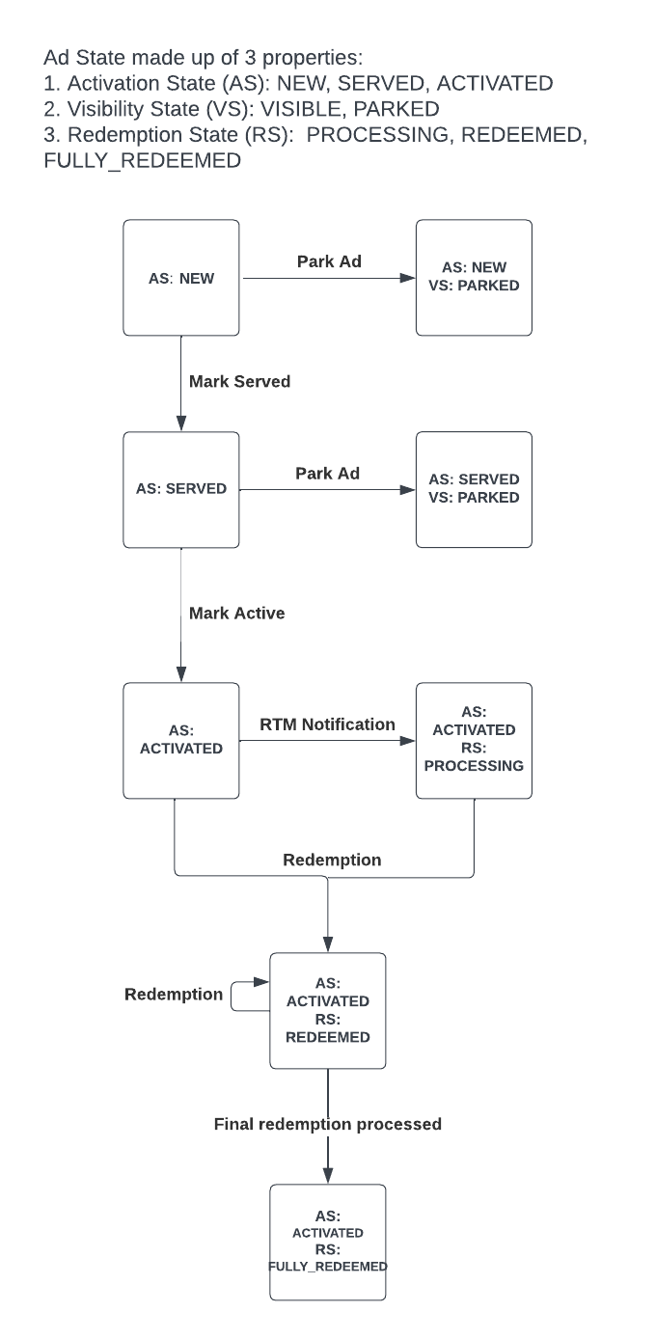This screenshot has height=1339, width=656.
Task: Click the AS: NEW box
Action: pyautogui.click(x=181, y=278)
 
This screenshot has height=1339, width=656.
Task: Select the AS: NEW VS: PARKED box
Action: pyautogui.click(x=474, y=278)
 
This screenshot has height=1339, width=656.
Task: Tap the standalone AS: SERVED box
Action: pyautogui.click(x=181, y=489)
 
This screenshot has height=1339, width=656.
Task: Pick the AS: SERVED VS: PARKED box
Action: pyautogui.click(x=474, y=489)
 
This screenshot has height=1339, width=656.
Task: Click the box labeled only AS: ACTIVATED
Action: pyautogui.click(x=181, y=740)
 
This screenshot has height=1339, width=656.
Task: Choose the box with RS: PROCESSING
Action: pyautogui.click(x=474, y=740)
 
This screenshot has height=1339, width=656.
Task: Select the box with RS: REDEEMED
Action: pyautogui.click(x=328, y=1010)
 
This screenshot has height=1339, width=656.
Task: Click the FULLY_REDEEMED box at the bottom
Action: pyautogui.click(x=328, y=1242)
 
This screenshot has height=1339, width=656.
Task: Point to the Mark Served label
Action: pyautogui.click(x=239, y=381)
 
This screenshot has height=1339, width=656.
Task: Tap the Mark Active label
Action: pyautogui.click(x=236, y=613)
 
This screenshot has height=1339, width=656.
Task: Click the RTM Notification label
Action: pyautogui.click(x=327, y=724)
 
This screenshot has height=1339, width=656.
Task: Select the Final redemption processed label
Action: pyautogui.click(x=327, y=1124)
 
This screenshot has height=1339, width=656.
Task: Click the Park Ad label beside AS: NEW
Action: pyautogui.click(x=328, y=261)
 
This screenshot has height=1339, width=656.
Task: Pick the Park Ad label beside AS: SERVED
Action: pyautogui.click(x=328, y=474)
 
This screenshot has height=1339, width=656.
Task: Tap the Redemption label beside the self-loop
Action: pyautogui.click(x=174, y=995)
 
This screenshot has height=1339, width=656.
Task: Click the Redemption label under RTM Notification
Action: pyautogui.click(x=332, y=860)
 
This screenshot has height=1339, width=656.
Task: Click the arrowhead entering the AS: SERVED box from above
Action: pyautogui.click(x=181, y=424)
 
